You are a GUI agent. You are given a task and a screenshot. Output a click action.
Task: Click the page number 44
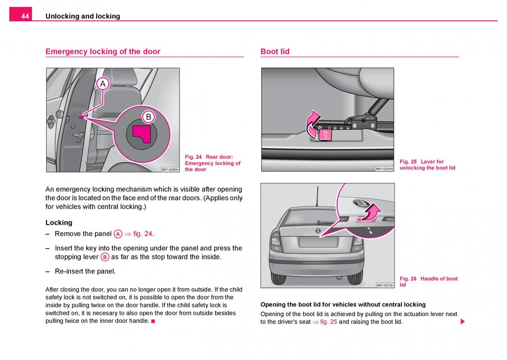(x=25, y=16)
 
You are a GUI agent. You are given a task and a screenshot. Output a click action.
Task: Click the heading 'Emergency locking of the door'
(x=103, y=52)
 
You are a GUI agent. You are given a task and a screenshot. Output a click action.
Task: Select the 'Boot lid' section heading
(x=275, y=52)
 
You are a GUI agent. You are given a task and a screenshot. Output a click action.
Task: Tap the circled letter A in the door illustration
(x=103, y=84)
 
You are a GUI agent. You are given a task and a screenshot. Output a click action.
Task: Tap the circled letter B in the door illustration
(x=148, y=117)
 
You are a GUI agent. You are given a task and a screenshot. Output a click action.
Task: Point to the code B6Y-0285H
(x=170, y=169)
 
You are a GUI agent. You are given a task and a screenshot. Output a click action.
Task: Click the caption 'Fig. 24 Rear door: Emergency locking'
(x=213, y=163)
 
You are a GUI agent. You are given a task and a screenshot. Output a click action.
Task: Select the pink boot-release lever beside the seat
(x=325, y=134)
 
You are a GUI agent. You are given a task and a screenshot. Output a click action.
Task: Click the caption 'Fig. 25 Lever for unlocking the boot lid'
(x=427, y=165)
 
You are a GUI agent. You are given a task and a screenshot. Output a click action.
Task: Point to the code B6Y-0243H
(x=384, y=169)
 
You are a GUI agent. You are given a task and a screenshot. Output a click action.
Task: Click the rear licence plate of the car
(x=318, y=242)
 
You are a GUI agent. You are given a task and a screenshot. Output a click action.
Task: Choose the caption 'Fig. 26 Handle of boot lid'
(x=428, y=281)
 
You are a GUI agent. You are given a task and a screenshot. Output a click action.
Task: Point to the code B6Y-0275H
(x=384, y=285)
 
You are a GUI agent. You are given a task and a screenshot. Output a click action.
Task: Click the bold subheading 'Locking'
(x=59, y=223)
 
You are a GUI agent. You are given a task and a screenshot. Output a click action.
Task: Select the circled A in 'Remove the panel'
(x=118, y=234)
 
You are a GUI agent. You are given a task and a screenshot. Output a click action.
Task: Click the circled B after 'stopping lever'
(x=105, y=257)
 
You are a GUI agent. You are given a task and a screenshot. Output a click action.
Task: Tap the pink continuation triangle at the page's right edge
(x=463, y=322)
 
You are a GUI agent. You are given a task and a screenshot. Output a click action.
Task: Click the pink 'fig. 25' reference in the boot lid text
(x=328, y=322)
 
